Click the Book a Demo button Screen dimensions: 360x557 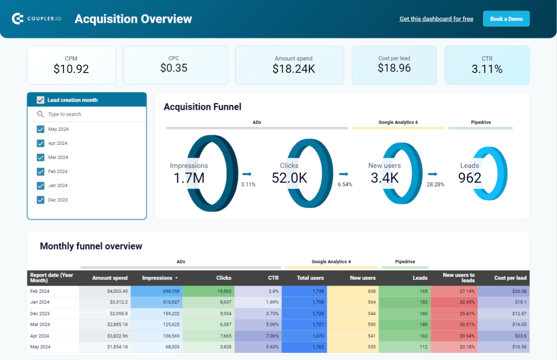(x=506, y=19)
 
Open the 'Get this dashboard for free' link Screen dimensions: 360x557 (x=436, y=19)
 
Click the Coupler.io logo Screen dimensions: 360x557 (x=37, y=19)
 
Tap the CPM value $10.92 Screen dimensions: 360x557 (x=71, y=69)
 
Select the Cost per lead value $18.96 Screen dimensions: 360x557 (x=394, y=68)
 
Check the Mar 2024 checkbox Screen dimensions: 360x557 (x=41, y=157)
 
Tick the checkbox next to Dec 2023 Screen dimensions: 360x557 (x=41, y=200)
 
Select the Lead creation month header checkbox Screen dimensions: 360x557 (x=41, y=100)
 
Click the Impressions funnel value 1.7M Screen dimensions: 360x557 (x=189, y=178)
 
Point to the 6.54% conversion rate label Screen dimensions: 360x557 (x=345, y=184)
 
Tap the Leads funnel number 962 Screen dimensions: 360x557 (x=470, y=178)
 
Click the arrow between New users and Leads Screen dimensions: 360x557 (x=433, y=174)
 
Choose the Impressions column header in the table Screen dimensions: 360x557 (x=157, y=278)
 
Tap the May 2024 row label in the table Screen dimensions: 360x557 (x=40, y=347)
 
